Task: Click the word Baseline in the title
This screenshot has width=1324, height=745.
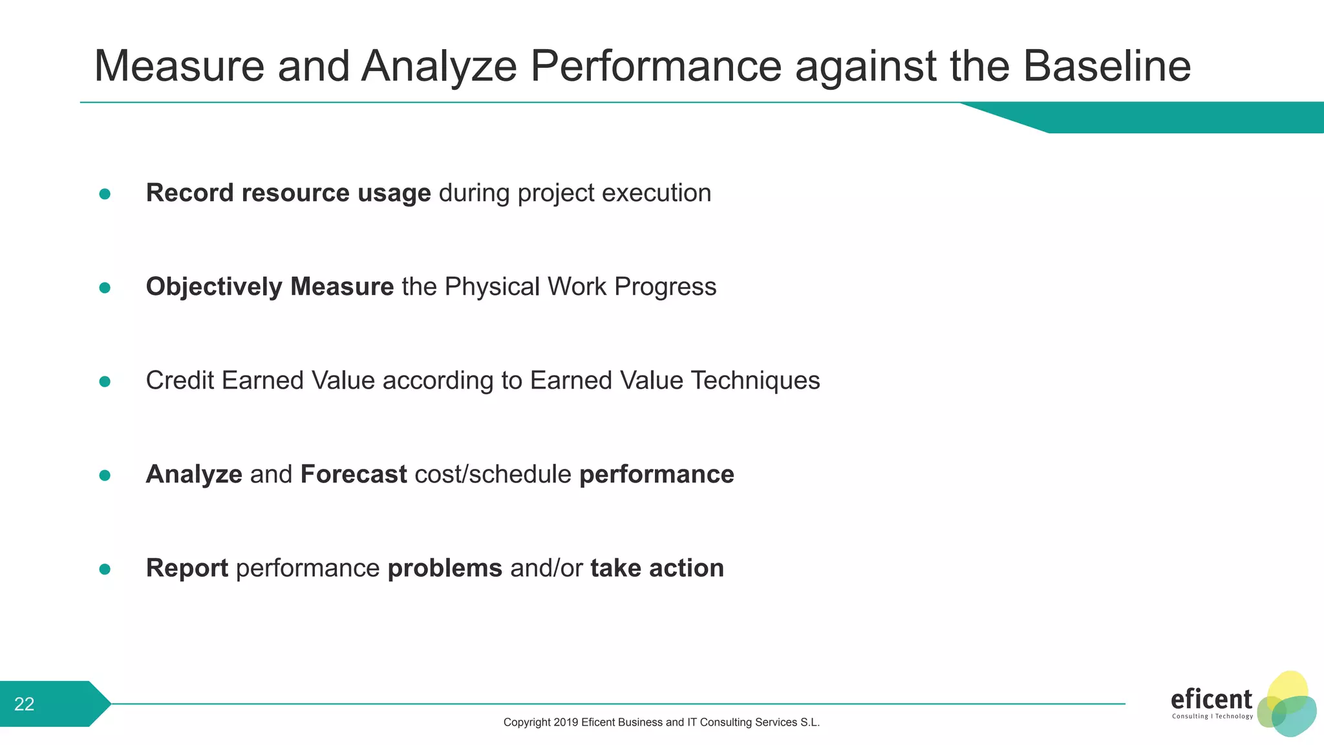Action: pyautogui.click(x=1106, y=66)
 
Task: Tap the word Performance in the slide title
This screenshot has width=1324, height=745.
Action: pyautogui.click(x=656, y=66)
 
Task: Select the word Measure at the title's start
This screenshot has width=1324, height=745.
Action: pyautogui.click(x=179, y=66)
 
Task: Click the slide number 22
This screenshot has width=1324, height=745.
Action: pyautogui.click(x=25, y=704)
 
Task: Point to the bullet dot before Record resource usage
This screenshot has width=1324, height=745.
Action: pyautogui.click(x=105, y=194)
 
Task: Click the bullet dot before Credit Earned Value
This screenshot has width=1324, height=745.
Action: pyautogui.click(x=105, y=382)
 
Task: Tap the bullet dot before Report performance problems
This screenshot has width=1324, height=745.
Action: pyautogui.click(x=105, y=569)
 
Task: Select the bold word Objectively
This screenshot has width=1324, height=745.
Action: pyautogui.click(x=214, y=287)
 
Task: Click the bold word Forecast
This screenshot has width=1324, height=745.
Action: pyautogui.click(x=354, y=475)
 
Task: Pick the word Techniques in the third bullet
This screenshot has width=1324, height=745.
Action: pyautogui.click(x=755, y=381)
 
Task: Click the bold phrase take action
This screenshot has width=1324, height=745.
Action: pyautogui.click(x=657, y=568)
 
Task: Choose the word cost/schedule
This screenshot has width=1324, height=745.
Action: pyautogui.click(x=493, y=475)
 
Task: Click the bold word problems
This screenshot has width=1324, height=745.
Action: pyautogui.click(x=445, y=568)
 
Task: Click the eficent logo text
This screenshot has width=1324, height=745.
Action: pyautogui.click(x=1211, y=700)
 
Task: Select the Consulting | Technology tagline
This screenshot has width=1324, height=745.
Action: pyautogui.click(x=1212, y=717)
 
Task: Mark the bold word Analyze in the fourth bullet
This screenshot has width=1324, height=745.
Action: pyautogui.click(x=194, y=475)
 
